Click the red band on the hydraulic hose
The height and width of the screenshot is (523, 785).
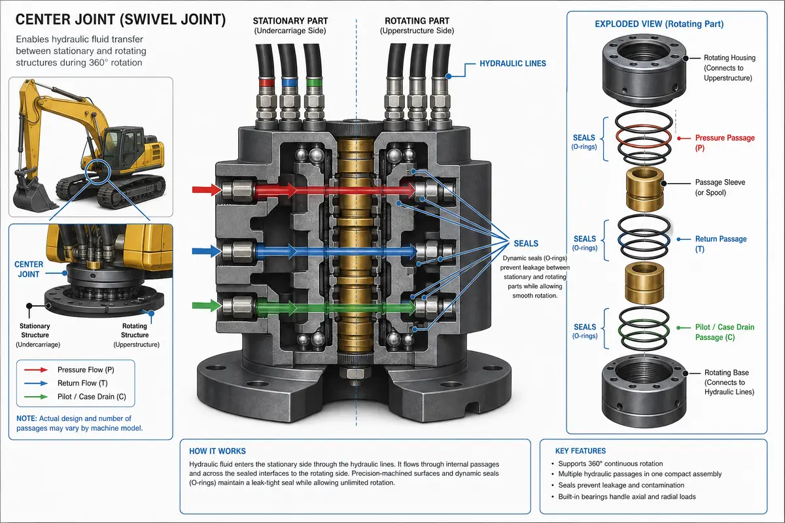coord(267,82)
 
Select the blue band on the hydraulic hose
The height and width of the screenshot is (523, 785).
coord(290,82)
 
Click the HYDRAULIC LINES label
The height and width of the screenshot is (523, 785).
coord(513,63)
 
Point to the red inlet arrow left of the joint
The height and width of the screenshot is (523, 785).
coord(207,190)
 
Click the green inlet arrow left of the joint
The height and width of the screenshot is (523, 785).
coord(207,305)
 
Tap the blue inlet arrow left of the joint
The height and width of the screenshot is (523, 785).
coord(207,251)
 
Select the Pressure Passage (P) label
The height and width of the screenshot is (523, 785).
coord(724,143)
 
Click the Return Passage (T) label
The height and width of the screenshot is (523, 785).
coord(720,244)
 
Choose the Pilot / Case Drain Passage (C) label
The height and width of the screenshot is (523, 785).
coord(724,332)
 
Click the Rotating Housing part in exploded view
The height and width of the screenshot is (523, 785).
coord(644,70)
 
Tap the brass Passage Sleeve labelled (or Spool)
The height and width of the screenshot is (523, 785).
coord(644,190)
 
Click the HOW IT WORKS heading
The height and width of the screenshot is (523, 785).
coord(217,451)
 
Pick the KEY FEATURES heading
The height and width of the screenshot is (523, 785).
coord(580,451)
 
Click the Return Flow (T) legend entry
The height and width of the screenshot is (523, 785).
coord(82,383)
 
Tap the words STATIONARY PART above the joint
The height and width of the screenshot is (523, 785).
coord(290,21)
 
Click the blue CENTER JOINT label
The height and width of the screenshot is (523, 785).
coord(29,269)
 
